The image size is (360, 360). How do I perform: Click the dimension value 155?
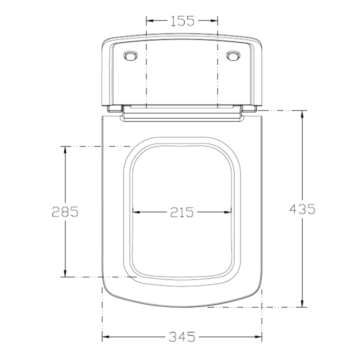click(x=182, y=21)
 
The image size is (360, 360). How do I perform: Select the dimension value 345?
click(x=182, y=337)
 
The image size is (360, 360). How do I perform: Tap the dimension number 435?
click(x=302, y=209)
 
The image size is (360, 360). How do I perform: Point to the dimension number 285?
click(x=65, y=212)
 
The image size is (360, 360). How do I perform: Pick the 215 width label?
click(x=182, y=212)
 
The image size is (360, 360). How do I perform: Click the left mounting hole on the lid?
click(x=131, y=56)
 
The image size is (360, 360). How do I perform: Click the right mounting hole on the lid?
click(x=233, y=56)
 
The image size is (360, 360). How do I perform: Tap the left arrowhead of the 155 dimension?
click(x=150, y=21)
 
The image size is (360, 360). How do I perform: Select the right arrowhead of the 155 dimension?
click(x=214, y=21)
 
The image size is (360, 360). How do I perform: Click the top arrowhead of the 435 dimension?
click(x=302, y=114)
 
